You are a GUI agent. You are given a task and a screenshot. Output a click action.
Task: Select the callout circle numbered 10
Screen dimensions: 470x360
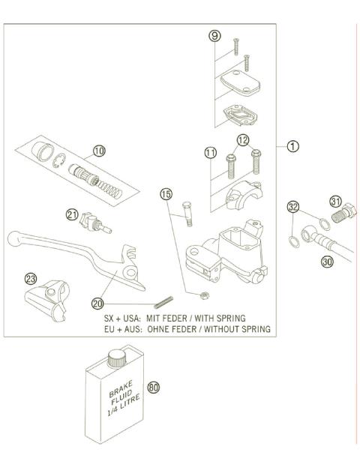(100, 151)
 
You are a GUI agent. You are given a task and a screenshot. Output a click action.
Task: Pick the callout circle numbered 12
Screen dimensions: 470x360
(242, 140)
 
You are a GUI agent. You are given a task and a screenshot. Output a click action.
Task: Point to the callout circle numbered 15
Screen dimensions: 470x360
(166, 194)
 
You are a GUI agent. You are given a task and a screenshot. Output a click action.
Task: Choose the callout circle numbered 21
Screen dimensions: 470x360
(72, 214)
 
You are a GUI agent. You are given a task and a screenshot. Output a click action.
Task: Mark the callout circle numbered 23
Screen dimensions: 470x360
(31, 278)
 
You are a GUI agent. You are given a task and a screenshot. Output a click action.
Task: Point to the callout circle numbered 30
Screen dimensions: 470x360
(326, 262)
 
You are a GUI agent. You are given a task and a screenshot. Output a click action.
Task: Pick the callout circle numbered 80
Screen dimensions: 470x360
(154, 388)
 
